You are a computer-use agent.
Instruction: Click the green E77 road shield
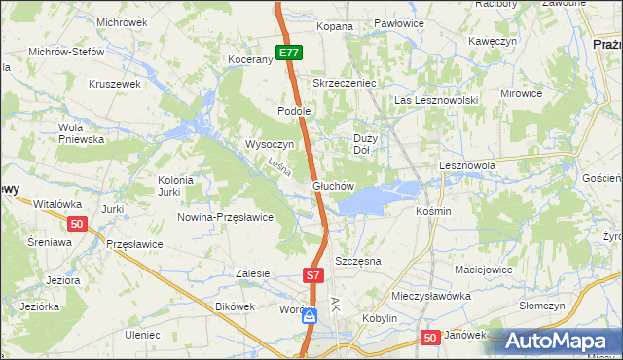pos(287,54)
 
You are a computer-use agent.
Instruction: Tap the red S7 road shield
pos(312,276)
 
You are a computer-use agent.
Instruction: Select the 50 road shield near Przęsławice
pos(79,224)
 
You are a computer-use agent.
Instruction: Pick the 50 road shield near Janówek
pos(431,337)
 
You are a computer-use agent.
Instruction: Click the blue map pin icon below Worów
pos(309,316)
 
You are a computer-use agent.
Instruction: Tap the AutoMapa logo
pos(563,342)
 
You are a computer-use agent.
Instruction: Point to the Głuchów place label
pos(332,185)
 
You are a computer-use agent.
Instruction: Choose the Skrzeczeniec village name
pos(344,83)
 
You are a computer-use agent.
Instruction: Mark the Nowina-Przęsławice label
pos(225,217)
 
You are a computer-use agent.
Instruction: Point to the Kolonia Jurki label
pos(177,186)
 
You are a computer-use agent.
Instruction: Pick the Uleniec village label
pos(141,334)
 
